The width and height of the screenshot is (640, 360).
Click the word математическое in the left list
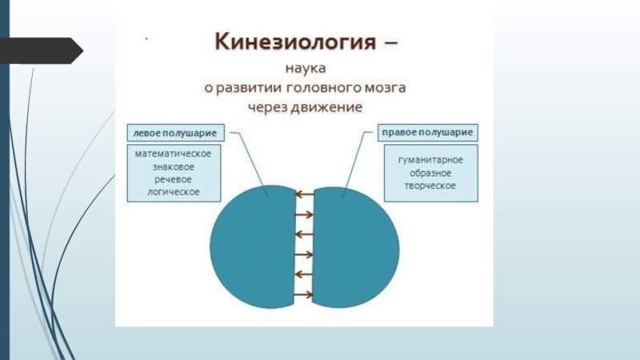pyautogui.click(x=173, y=154)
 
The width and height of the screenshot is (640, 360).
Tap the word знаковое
pyautogui.click(x=173, y=166)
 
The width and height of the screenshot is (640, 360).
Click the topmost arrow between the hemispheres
pyautogui.click(x=304, y=194)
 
